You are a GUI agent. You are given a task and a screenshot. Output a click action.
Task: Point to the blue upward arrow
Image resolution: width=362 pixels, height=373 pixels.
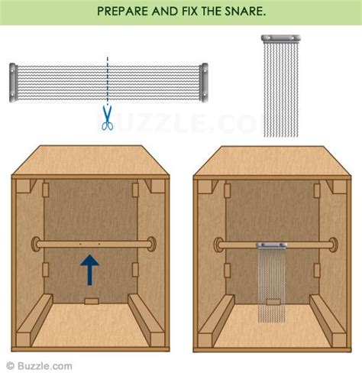(x=90, y=271)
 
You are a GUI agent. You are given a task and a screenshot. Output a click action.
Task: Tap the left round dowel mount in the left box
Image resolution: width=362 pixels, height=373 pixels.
(x=35, y=245)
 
